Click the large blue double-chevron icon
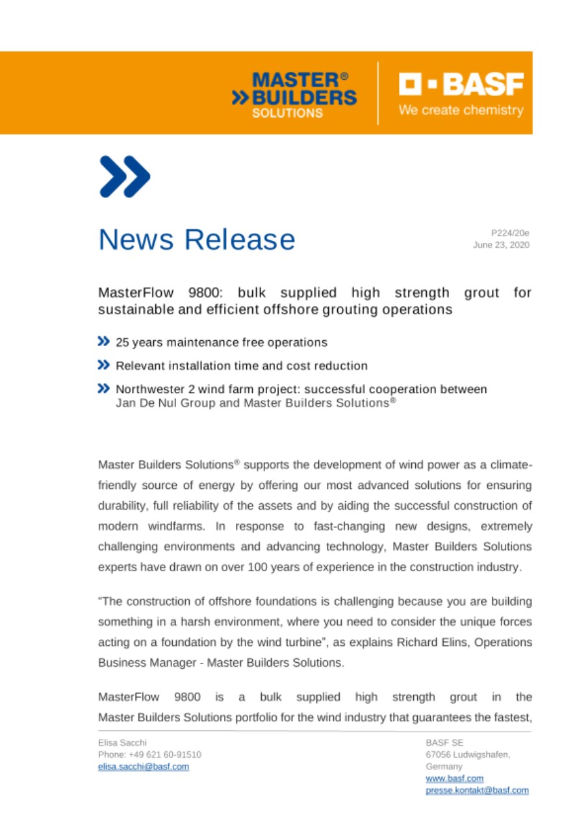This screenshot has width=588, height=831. (125, 177)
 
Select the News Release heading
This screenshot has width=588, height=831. (196, 240)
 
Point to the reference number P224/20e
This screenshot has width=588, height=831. (510, 232)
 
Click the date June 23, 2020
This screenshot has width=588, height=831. (504, 245)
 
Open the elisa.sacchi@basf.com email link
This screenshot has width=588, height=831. (143, 766)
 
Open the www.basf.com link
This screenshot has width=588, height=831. (454, 778)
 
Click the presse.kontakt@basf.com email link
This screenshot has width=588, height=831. (476, 791)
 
